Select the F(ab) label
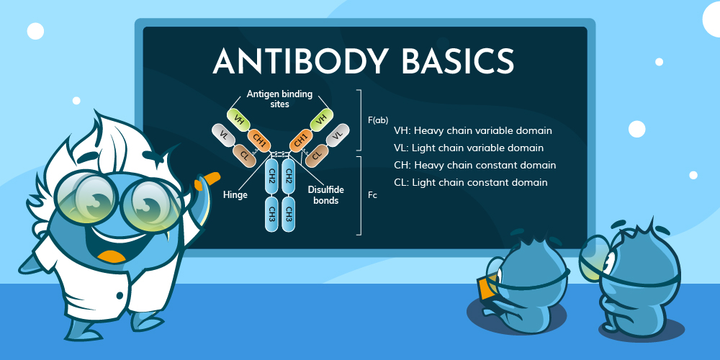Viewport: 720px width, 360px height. (x=377, y=120)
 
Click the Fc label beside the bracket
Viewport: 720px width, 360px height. (x=372, y=195)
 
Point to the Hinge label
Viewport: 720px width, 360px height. (x=235, y=195)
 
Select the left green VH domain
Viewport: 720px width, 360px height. (x=237, y=115)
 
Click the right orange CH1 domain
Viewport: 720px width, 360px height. (x=300, y=138)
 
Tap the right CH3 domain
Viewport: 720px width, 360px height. (x=289, y=215)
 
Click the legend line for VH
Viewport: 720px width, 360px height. (x=473, y=131)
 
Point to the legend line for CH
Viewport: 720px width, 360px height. (x=475, y=166)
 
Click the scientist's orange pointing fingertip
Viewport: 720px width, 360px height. (x=213, y=175)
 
